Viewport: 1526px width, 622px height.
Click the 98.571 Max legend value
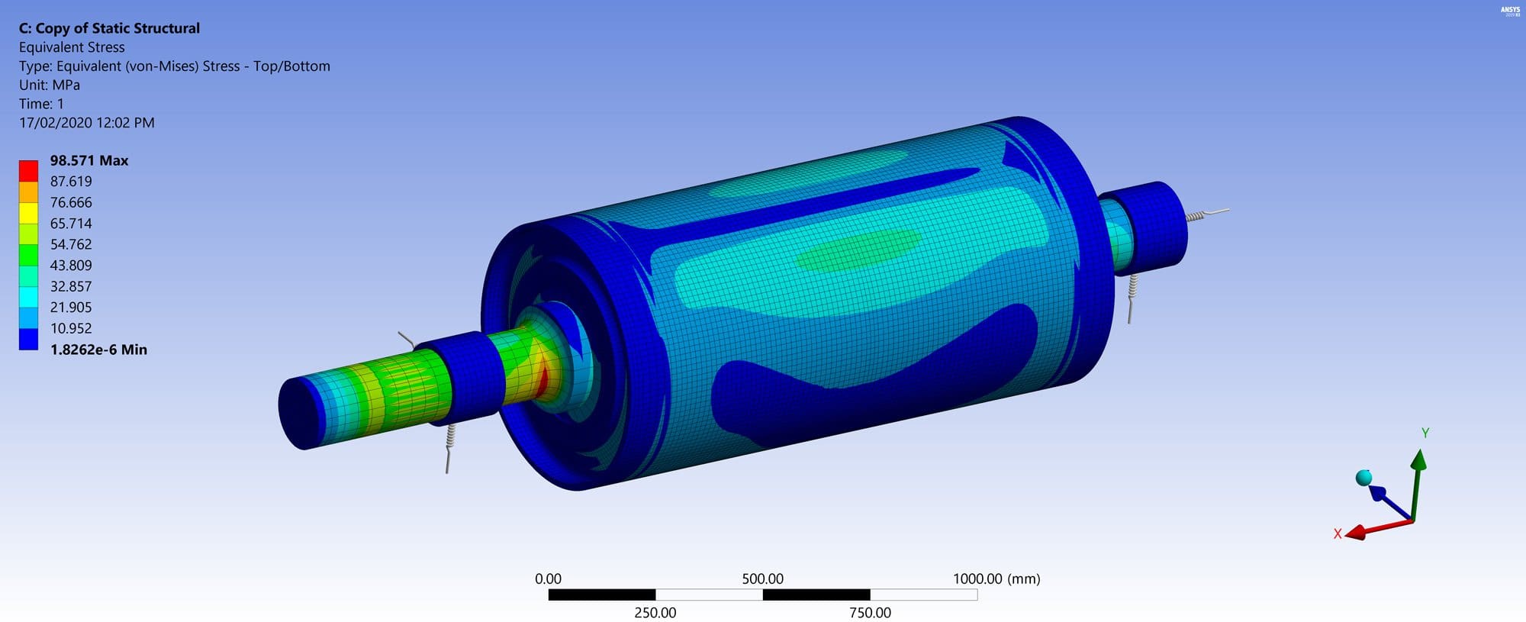point(89,160)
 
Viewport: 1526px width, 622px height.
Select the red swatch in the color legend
point(28,170)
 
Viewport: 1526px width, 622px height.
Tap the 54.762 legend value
point(70,244)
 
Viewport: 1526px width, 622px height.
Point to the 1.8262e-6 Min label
point(98,350)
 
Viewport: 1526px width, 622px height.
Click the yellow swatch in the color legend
point(28,212)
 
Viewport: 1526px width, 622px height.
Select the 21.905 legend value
point(70,308)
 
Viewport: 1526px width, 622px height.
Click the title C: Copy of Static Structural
point(109,28)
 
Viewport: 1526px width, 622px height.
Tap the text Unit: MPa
point(49,85)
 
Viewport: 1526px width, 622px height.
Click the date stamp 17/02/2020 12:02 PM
point(86,123)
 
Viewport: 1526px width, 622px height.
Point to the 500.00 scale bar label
point(762,578)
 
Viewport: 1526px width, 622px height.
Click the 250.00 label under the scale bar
point(655,612)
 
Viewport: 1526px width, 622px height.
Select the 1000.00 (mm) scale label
point(996,578)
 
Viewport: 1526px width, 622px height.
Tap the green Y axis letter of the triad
point(1425,433)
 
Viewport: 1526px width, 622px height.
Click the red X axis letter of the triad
point(1337,533)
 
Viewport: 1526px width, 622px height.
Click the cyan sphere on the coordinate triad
point(1363,478)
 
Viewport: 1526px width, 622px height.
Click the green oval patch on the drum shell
point(858,250)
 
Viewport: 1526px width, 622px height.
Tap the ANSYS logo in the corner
point(1510,11)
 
